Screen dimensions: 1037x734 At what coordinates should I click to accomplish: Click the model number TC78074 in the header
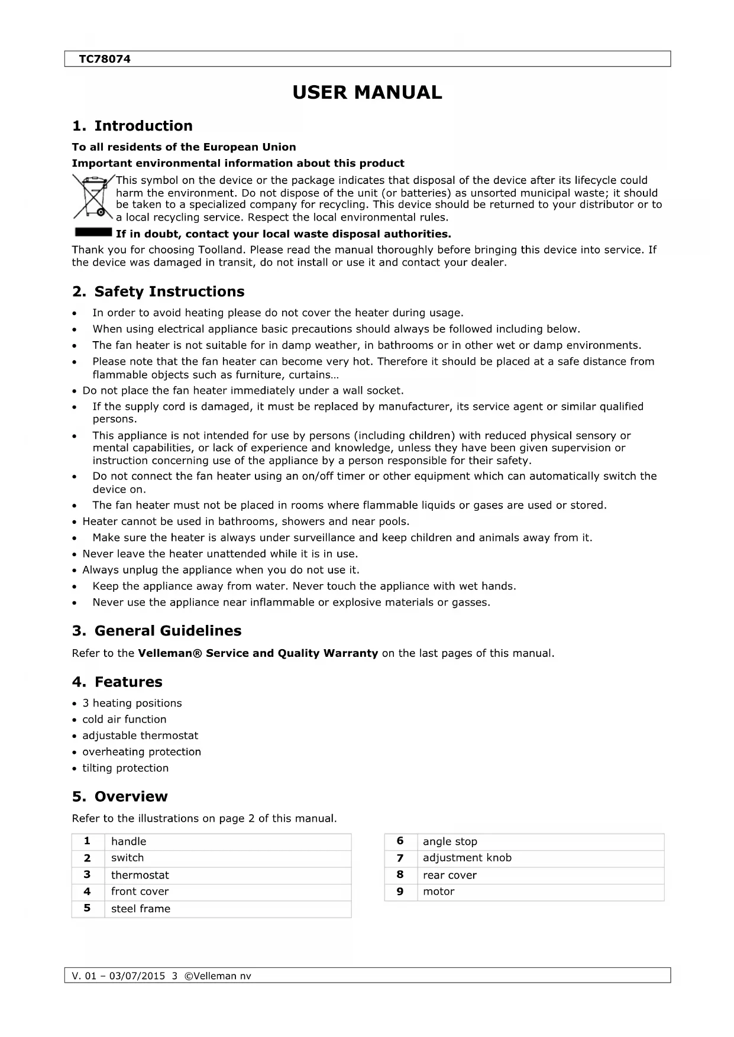pos(105,59)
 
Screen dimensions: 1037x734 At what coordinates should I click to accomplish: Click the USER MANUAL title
pos(367,93)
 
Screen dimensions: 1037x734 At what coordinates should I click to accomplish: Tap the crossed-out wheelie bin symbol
pos(92,197)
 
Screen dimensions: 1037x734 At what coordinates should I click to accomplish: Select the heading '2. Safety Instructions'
pos(158,291)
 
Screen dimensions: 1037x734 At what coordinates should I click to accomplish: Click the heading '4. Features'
pos(117,682)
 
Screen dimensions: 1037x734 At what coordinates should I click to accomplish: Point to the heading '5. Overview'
pos(119,796)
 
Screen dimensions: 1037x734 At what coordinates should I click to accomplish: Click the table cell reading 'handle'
pos(128,841)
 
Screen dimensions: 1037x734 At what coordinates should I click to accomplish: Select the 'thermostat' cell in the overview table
pos(140,875)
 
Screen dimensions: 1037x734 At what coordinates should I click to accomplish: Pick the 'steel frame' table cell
pos(141,909)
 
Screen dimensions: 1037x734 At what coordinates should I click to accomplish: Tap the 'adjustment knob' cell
pos(467,858)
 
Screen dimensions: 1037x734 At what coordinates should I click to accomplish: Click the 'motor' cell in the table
pos(439,892)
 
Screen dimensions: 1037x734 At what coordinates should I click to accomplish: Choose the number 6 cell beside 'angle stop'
pos(400,841)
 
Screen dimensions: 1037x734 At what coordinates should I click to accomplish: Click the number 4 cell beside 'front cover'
pos(88,892)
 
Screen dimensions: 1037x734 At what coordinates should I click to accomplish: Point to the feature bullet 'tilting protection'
pos(125,768)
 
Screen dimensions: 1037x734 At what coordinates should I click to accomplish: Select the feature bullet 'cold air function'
pos(124,720)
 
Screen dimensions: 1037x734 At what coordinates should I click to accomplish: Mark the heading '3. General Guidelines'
pos(157,631)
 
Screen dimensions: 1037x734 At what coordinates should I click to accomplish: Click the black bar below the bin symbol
pos(92,231)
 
